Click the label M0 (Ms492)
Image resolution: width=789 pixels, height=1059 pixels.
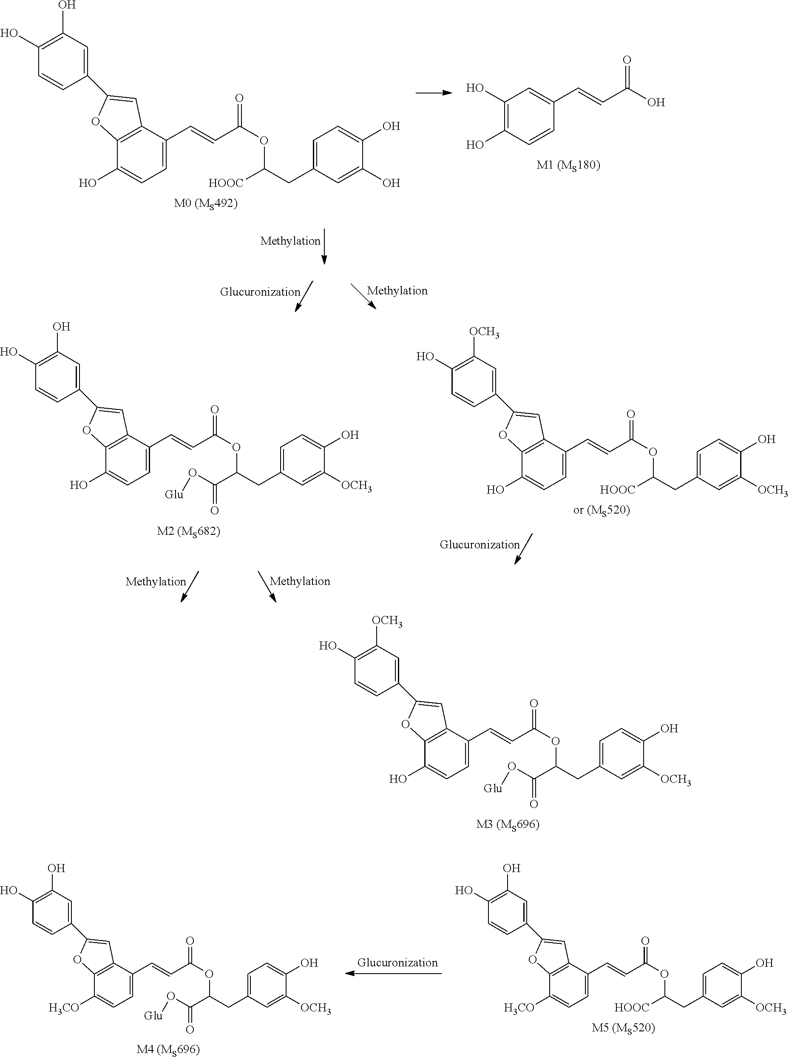click(x=205, y=204)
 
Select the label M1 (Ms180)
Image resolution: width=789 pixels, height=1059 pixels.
click(x=568, y=166)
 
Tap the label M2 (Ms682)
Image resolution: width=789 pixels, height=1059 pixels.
click(x=188, y=531)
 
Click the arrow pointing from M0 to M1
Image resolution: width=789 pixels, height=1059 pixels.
click(x=433, y=93)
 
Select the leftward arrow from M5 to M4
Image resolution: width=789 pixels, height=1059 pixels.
click(x=393, y=974)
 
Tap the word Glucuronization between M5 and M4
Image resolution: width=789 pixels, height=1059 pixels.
click(x=397, y=963)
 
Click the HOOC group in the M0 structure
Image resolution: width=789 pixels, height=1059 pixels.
click(x=225, y=183)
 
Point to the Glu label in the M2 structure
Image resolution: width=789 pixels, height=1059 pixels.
click(x=174, y=494)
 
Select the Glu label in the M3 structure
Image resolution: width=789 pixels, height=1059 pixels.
click(x=493, y=788)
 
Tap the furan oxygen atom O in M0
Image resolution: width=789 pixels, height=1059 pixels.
click(x=96, y=121)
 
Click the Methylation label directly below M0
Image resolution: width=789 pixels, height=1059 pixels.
click(x=290, y=241)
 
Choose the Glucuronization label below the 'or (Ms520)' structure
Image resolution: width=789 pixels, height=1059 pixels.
click(x=480, y=545)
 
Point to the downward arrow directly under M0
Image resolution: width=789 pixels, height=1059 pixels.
click(x=324, y=246)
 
